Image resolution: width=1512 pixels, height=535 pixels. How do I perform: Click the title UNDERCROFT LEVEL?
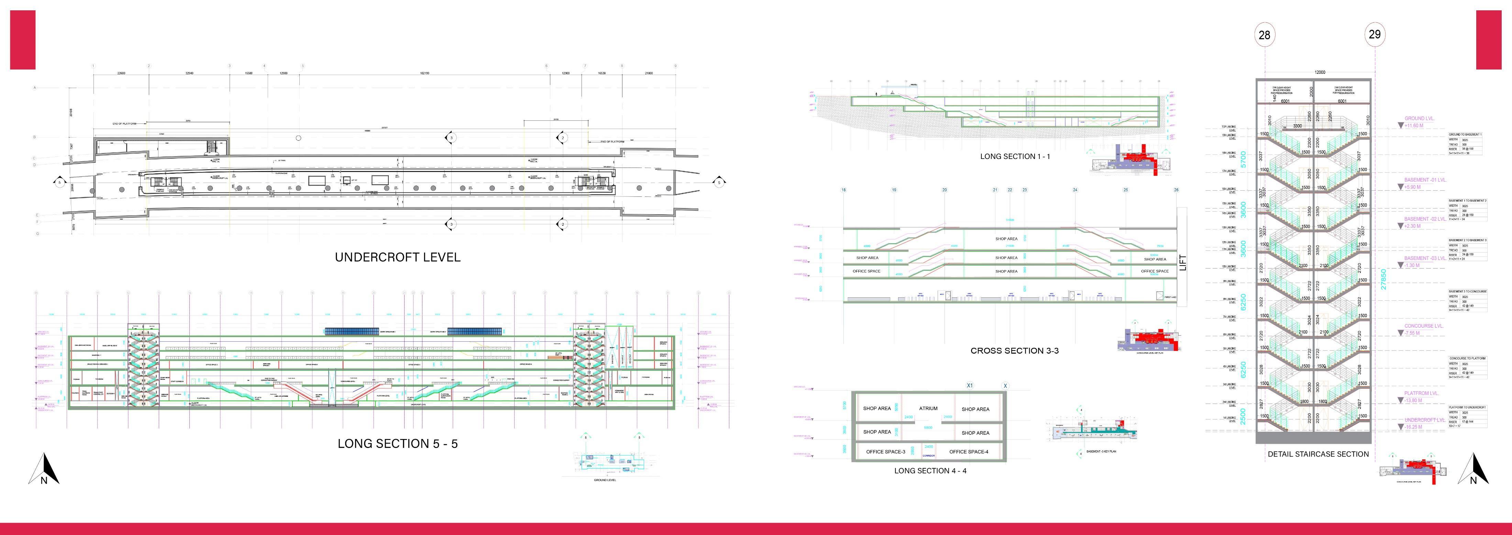(x=397, y=257)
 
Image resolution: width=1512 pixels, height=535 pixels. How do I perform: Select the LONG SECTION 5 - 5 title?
(x=397, y=444)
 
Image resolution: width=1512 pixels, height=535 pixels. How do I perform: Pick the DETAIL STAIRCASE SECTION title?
(x=1318, y=454)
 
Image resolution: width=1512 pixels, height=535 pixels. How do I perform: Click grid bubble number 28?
(x=1264, y=35)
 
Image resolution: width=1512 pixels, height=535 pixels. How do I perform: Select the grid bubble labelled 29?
(x=1375, y=34)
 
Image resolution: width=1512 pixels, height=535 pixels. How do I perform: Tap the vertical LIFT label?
(x=1182, y=262)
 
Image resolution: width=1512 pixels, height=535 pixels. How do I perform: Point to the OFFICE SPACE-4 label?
(x=969, y=452)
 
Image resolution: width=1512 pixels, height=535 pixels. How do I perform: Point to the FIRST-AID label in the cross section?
(x=1170, y=298)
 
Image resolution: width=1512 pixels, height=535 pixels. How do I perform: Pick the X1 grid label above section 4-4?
(x=970, y=386)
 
